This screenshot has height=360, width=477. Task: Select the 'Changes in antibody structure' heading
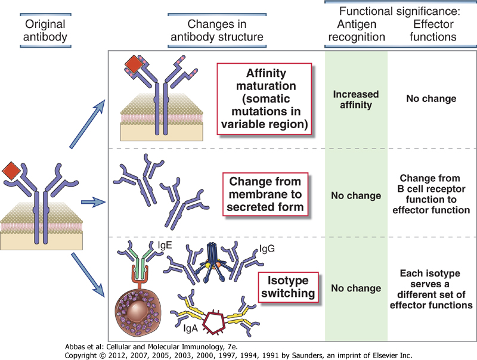point(217,30)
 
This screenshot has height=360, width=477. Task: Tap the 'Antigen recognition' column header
point(356,30)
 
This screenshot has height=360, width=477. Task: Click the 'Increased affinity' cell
point(356,100)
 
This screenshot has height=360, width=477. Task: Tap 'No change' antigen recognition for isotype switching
point(356,288)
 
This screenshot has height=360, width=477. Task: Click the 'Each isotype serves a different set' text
point(430,288)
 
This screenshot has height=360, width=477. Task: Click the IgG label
point(267,249)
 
